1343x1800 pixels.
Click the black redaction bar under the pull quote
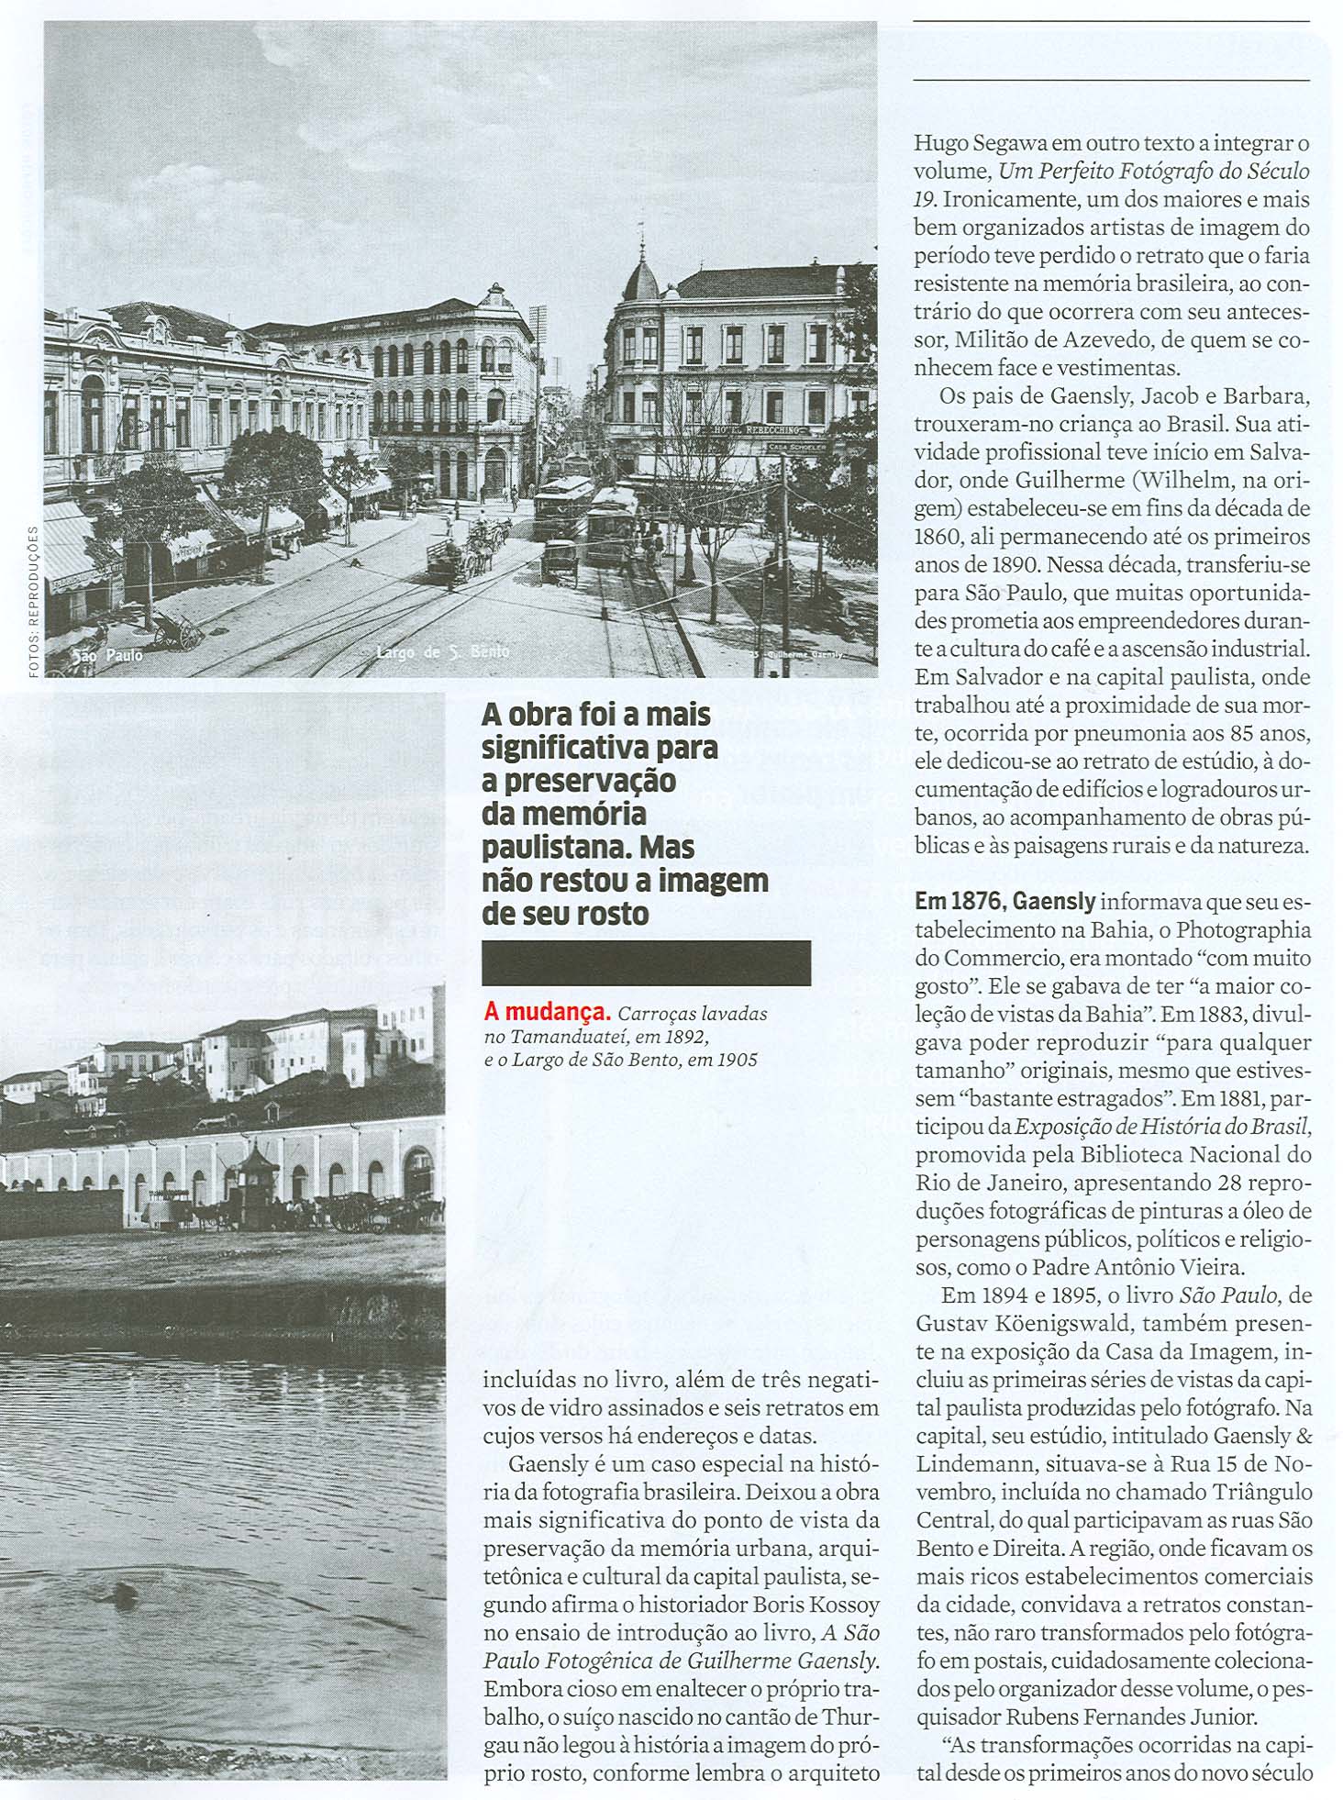point(646,963)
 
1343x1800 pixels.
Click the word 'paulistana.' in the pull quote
point(546,847)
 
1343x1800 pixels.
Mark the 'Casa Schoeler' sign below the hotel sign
point(797,447)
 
